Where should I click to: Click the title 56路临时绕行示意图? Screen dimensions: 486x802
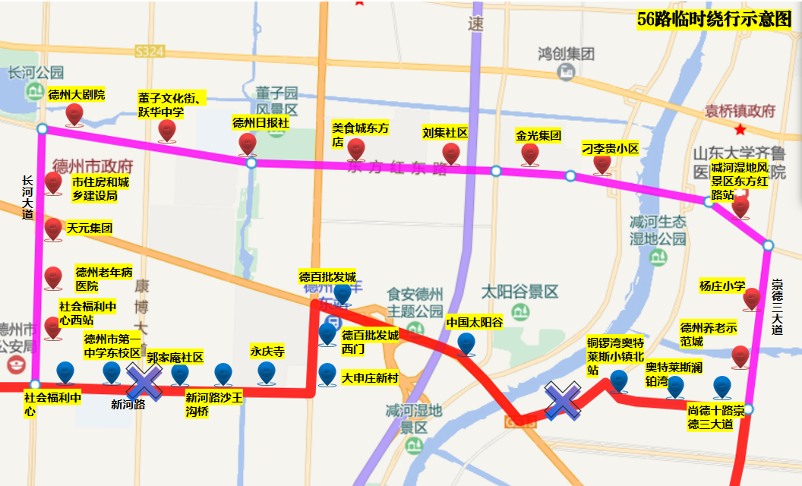tap(715, 19)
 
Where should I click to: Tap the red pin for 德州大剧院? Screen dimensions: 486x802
tap(74, 115)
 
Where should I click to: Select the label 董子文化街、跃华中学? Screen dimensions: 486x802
tap(172, 105)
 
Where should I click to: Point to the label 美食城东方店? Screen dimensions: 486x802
tap(359, 135)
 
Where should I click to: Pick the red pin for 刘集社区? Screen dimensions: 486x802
tap(451, 153)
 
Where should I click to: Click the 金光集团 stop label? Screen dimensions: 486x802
tap(538, 136)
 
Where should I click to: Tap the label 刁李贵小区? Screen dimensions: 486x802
tap(610, 149)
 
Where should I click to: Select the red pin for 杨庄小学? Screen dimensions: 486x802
tap(751, 298)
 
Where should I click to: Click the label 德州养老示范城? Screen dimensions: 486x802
tap(708, 334)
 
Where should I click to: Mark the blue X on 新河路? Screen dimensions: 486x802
tap(143, 381)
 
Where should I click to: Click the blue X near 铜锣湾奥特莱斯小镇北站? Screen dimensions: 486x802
tap(563, 399)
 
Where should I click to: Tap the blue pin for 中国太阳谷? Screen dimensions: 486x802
tap(466, 344)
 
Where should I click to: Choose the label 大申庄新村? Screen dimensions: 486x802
tap(369, 377)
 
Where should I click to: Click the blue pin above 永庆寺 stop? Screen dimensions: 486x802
tap(266, 372)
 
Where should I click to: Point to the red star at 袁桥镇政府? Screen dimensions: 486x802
tap(740, 130)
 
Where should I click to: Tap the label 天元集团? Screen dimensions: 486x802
tap(90, 228)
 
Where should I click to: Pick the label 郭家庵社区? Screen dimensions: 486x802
tap(175, 357)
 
